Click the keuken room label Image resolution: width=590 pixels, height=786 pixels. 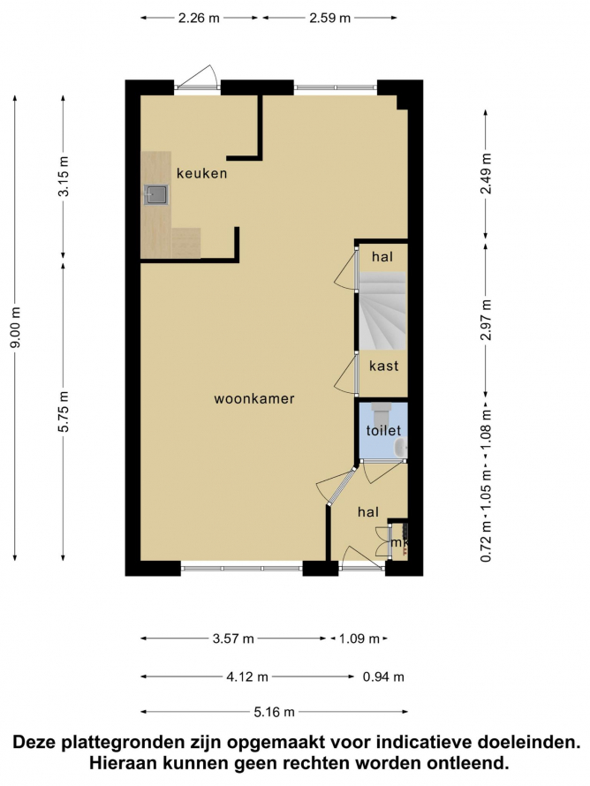click(x=201, y=173)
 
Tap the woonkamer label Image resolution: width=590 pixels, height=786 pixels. click(x=254, y=399)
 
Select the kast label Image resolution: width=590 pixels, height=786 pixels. click(x=384, y=366)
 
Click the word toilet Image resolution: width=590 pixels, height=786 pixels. click(x=383, y=431)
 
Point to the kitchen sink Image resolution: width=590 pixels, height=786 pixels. click(x=156, y=194)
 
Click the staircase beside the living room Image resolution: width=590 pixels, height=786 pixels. click(x=382, y=311)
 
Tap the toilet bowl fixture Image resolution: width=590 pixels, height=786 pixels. click(x=382, y=413)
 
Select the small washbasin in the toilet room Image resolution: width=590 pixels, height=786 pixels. click(x=401, y=447)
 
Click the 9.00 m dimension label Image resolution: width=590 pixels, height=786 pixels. click(x=16, y=327)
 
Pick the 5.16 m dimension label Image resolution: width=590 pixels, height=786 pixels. click(x=274, y=712)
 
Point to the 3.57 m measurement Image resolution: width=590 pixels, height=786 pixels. click(x=233, y=639)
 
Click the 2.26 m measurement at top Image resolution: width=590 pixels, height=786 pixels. click(x=199, y=18)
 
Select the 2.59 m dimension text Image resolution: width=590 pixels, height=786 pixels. click(x=329, y=18)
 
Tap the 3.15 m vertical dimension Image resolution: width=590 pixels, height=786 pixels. click(x=64, y=177)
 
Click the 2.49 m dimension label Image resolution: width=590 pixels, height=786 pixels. click(x=486, y=173)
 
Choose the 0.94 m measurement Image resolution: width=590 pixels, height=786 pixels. click(x=383, y=677)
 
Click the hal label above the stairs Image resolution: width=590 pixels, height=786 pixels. click(x=382, y=257)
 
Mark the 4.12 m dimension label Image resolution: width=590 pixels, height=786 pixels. click(x=247, y=677)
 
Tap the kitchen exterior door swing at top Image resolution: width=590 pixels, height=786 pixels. click(x=197, y=78)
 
